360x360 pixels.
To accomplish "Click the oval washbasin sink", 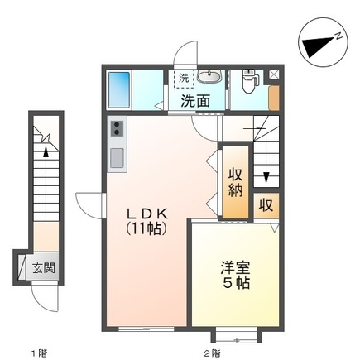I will [x=210, y=79].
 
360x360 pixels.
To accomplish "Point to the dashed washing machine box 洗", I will [x=182, y=79].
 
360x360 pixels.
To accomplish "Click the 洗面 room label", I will [x=195, y=101].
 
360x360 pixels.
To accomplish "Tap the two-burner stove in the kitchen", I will [x=117, y=130].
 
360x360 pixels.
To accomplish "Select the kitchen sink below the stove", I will [x=117, y=156].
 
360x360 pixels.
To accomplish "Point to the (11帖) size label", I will [x=147, y=226].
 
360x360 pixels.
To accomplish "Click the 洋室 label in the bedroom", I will [x=235, y=269].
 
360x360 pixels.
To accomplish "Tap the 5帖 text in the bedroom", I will [x=235, y=284].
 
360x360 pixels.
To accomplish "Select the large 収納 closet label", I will [x=235, y=180].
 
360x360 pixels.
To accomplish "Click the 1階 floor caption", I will [x=39, y=352].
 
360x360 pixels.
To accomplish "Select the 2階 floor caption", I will [x=211, y=352].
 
